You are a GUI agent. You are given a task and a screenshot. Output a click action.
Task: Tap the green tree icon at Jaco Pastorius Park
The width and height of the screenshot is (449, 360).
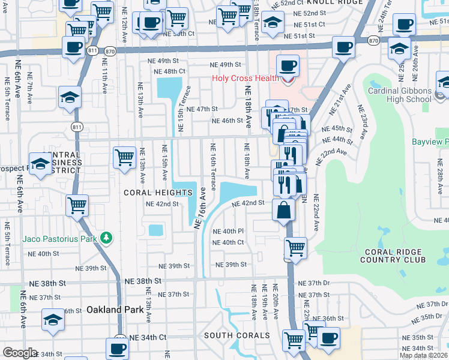[106, 238]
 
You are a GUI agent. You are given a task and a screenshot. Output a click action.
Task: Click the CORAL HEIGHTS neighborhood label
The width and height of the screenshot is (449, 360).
[158, 193]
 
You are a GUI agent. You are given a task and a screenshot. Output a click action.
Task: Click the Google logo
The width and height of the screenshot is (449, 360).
[19, 353]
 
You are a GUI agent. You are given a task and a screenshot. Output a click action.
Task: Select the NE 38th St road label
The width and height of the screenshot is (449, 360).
[143, 281]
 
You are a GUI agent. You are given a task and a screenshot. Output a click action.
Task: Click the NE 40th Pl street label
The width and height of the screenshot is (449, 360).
[228, 231]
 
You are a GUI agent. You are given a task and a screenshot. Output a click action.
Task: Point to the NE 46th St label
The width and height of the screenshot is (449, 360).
[226, 121]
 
